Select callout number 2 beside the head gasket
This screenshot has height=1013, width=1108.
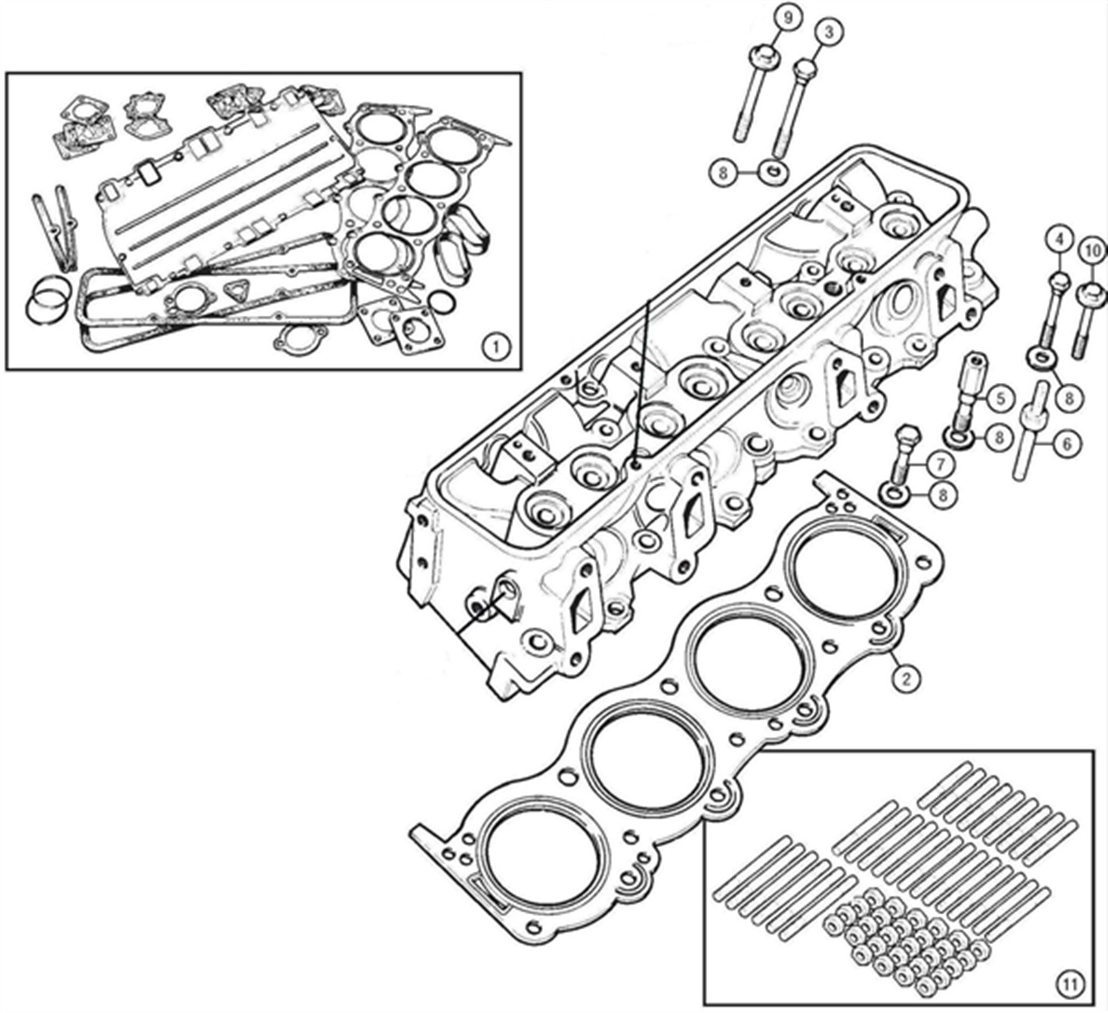(x=906, y=678)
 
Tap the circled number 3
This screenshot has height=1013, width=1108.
(x=829, y=33)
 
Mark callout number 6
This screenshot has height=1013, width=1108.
(x=1068, y=443)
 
